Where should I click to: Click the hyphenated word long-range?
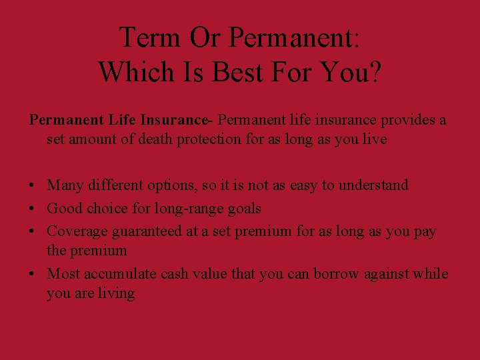coord(186,209)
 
